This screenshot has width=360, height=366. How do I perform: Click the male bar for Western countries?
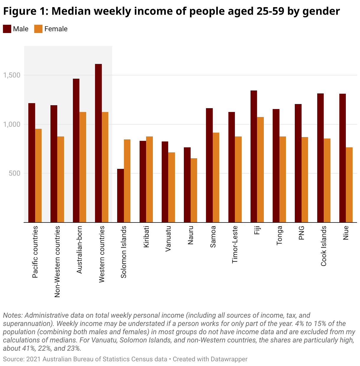pyautogui.click(x=98, y=143)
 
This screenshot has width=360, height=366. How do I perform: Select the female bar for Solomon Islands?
pyautogui.click(x=127, y=181)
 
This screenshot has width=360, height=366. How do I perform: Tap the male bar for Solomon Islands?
pyautogui.click(x=120, y=195)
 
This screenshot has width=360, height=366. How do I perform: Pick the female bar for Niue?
pyautogui.click(x=349, y=185)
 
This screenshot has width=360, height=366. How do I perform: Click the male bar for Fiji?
pyautogui.click(x=254, y=156)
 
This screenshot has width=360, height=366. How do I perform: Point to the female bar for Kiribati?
pyautogui.click(x=149, y=179)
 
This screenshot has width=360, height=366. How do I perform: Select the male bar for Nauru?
pyautogui.click(x=187, y=185)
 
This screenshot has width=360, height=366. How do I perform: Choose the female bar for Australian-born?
pyautogui.click(x=83, y=167)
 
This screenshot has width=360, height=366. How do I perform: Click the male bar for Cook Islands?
pyautogui.click(x=320, y=158)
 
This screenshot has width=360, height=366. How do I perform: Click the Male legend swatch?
pyautogui.click(x=7, y=29)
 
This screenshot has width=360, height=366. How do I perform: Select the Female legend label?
pyautogui.click(x=56, y=29)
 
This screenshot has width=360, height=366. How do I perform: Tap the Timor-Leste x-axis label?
pyautogui.click(x=235, y=244)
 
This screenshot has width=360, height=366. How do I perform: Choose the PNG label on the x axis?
pyautogui.click(x=302, y=233)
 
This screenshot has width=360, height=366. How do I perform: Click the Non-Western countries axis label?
pyautogui.click(x=57, y=261)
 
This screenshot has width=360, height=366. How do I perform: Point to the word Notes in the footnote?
pyautogui.click(x=12, y=315)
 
